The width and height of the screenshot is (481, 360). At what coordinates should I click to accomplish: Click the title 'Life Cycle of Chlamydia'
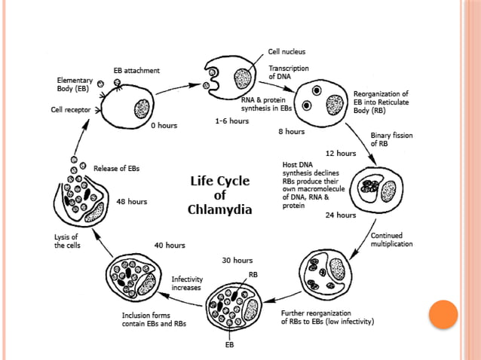pyautogui.click(x=219, y=194)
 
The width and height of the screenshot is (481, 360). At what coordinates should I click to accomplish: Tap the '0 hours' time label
pyautogui.click(x=164, y=126)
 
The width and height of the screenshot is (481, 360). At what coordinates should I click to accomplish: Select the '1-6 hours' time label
pyautogui.click(x=232, y=121)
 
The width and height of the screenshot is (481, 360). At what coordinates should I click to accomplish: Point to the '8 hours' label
pyautogui.click(x=291, y=132)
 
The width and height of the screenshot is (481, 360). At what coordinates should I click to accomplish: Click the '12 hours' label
pyautogui.click(x=340, y=153)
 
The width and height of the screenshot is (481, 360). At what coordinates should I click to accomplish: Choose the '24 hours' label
pyautogui.click(x=341, y=215)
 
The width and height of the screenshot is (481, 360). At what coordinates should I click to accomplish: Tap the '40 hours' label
pyautogui.click(x=170, y=246)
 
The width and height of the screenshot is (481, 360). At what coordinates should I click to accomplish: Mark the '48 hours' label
pyautogui.click(x=132, y=202)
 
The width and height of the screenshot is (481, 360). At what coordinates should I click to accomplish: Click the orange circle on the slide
pyautogui.click(x=443, y=314)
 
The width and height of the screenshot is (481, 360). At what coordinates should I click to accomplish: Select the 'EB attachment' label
pyautogui.click(x=136, y=70)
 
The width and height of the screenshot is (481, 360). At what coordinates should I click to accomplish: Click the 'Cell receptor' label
pyautogui.click(x=66, y=110)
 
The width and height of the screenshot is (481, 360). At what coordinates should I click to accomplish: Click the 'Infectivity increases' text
pyautogui.click(x=188, y=283)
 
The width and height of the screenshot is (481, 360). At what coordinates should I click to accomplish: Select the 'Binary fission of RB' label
pyautogui.click(x=390, y=140)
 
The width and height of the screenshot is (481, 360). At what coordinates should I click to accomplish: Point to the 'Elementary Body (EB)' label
pyautogui.click(x=76, y=84)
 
